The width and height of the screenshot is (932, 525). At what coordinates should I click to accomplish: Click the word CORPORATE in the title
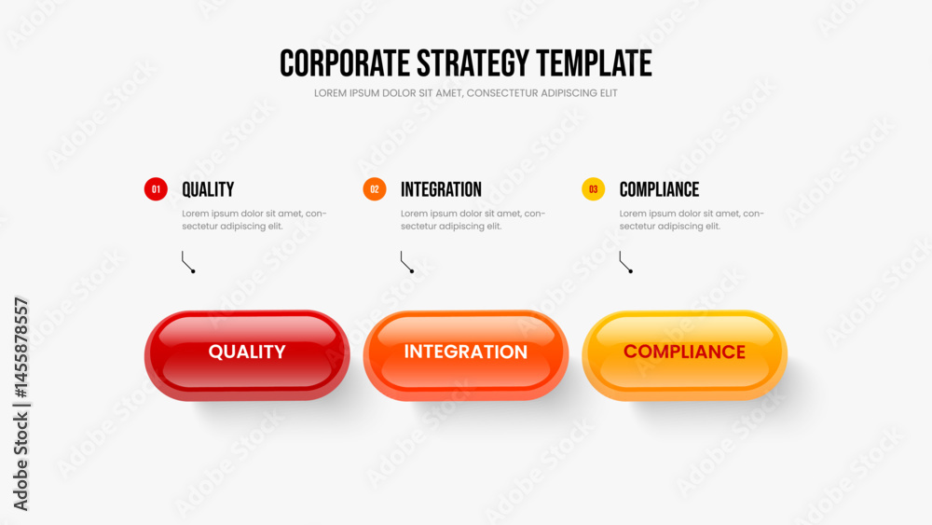345,63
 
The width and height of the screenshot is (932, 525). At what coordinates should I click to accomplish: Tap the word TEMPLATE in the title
594,63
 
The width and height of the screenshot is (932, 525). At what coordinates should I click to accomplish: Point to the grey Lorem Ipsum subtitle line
465,93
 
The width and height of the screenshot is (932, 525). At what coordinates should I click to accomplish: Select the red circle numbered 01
156,189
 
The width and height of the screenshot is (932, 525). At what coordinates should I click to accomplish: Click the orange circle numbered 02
375,189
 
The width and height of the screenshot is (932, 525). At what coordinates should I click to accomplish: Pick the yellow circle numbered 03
593,189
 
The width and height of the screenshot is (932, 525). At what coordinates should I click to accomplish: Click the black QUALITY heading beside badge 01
208,189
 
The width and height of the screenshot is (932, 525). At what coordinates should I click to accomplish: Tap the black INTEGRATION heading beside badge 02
441,189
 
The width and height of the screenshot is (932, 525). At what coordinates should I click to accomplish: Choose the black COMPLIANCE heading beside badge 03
659,189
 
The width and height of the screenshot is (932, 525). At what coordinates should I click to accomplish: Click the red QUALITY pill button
247,355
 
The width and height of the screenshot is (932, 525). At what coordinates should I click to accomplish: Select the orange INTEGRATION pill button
466,355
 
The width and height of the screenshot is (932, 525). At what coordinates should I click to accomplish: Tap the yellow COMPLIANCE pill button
685,355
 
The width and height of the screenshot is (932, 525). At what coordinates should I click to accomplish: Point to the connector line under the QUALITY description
185,262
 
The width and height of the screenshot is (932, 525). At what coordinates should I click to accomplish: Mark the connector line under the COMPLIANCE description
622,262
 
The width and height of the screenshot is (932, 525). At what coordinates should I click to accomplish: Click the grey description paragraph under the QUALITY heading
254,220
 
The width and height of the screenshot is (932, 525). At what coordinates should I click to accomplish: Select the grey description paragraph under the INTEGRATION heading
473,220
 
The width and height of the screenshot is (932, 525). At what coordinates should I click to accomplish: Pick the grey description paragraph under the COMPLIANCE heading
692,220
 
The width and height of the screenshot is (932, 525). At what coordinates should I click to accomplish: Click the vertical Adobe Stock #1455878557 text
21,405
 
